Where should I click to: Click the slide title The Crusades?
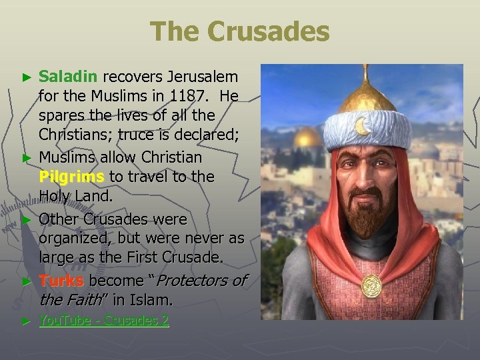pyautogui.click(x=239, y=31)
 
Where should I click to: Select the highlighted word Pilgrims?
pyautogui.click(x=71, y=177)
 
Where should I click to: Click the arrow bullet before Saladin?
pyautogui.click(x=27, y=78)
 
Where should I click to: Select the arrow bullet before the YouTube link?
pyautogui.click(x=27, y=321)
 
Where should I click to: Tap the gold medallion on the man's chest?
pyautogui.click(x=371, y=286)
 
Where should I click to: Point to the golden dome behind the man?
pyautogui.click(x=307, y=138)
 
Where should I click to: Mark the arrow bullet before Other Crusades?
pyautogui.click(x=27, y=219)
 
